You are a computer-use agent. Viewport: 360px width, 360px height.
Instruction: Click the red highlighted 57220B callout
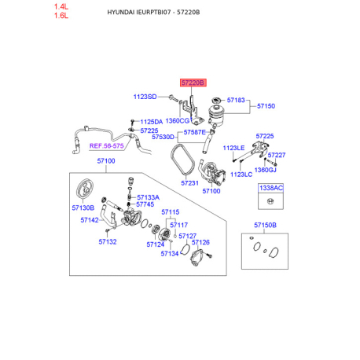193,83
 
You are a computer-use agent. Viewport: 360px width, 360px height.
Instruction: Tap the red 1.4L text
61,6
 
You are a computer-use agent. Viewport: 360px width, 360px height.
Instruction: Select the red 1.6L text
61,16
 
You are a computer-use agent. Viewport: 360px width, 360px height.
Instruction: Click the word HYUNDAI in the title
121,13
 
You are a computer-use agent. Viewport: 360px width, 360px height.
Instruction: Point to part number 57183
236,100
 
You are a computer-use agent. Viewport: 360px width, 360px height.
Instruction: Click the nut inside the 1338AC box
270,201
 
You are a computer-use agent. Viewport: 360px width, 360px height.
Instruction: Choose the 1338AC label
271,188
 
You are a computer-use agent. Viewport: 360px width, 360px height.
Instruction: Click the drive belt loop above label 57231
182,160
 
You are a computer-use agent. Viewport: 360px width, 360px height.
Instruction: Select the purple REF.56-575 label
106,145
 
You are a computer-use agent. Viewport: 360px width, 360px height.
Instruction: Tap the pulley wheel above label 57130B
84,189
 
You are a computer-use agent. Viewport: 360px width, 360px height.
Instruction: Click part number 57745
145,204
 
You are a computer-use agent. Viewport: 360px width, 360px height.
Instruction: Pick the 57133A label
148,197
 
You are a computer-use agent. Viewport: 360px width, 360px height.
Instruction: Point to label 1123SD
145,97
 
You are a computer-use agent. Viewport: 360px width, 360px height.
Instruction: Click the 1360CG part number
178,121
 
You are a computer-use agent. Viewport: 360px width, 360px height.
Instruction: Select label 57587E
195,132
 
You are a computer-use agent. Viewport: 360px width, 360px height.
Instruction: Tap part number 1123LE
233,148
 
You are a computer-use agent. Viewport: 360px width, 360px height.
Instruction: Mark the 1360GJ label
265,170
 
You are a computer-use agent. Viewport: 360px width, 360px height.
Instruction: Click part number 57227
277,155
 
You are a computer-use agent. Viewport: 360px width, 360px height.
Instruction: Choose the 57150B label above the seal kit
265,225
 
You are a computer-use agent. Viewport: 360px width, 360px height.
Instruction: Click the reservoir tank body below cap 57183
217,115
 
